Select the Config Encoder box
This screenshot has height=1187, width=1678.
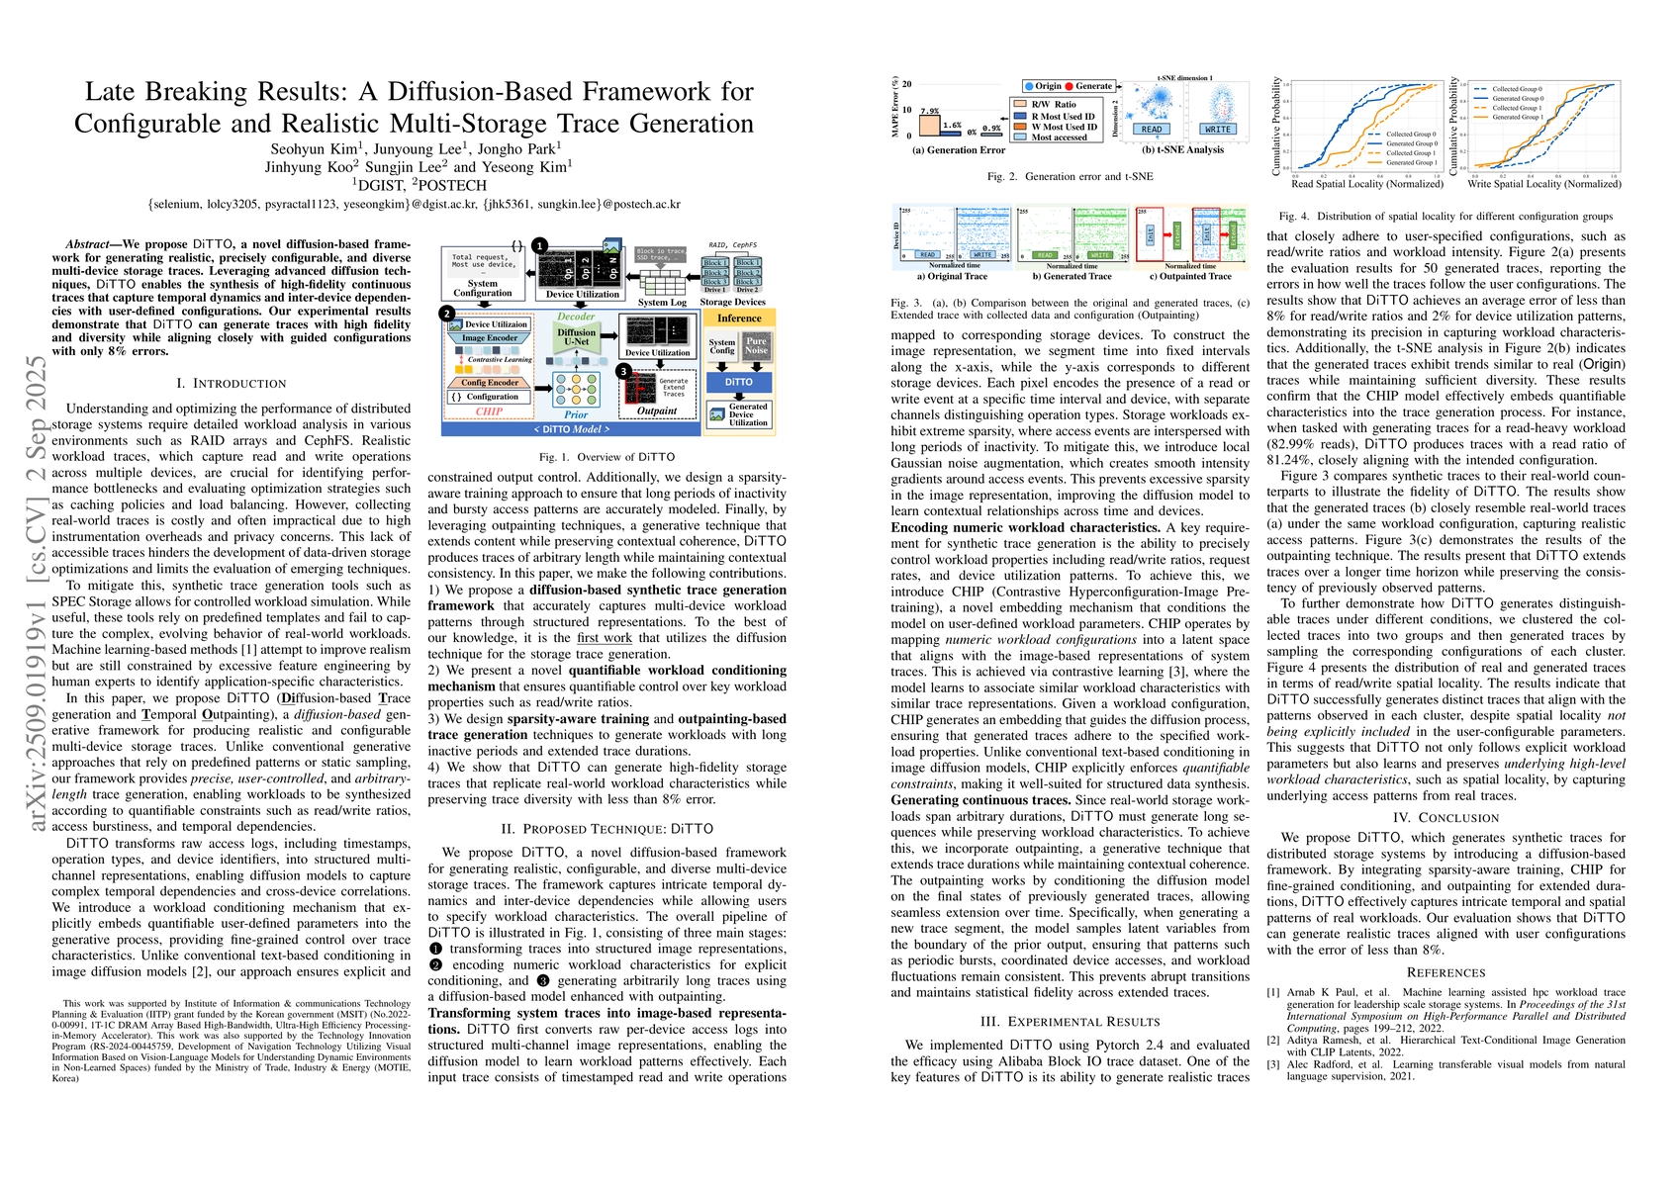click(490, 382)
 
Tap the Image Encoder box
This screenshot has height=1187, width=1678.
click(490, 338)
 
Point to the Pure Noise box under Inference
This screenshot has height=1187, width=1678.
click(756, 345)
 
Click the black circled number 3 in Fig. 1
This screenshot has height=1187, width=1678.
click(623, 371)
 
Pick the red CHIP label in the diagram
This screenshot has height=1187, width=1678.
click(489, 411)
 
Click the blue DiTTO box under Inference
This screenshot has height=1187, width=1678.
click(738, 382)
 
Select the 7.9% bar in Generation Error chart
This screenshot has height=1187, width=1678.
click(929, 126)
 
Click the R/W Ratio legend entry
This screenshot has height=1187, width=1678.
click(1054, 104)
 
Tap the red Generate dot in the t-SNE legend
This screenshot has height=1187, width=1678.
click(1070, 86)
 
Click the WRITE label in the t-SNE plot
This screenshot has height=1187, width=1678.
click(1218, 130)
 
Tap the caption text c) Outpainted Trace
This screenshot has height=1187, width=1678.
click(1190, 277)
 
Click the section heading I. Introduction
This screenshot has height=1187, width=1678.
click(231, 383)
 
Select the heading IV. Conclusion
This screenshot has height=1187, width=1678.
click(1445, 817)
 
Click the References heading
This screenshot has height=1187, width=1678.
click(1445, 972)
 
